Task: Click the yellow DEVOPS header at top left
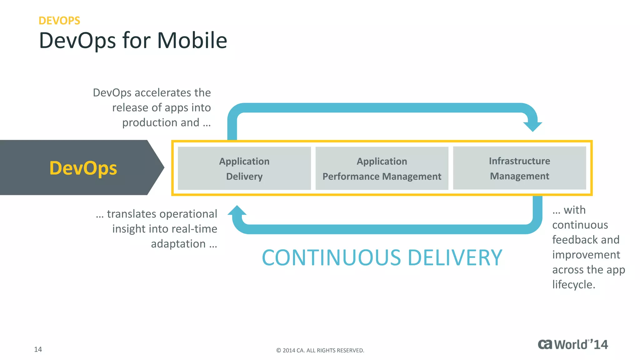[x=59, y=21]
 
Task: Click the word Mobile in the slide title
[x=192, y=41]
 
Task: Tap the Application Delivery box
[x=244, y=168]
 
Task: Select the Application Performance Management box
[x=382, y=168]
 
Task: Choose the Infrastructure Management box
[x=519, y=168]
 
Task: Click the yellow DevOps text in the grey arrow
[x=83, y=168]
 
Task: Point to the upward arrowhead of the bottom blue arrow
[x=237, y=211]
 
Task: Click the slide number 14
[x=38, y=349]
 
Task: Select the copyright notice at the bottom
[x=320, y=350]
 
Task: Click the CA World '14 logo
[x=572, y=344]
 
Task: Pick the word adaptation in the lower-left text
[x=178, y=244]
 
